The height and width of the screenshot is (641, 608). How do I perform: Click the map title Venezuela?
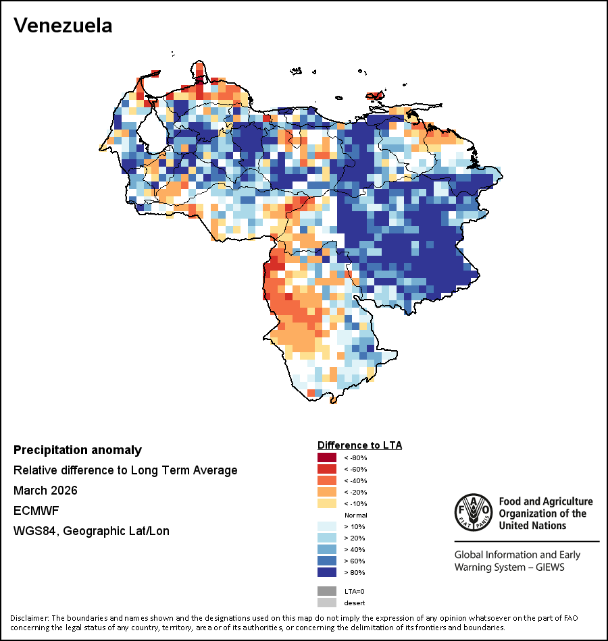coord(63,26)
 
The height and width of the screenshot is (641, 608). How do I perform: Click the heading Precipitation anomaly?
coord(78,450)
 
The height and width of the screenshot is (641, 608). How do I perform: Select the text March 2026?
coord(45,491)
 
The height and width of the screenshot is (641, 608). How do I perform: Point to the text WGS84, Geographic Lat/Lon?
coord(91,531)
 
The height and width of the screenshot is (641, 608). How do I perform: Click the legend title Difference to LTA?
coord(359,445)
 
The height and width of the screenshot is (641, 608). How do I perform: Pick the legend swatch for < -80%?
coord(326,458)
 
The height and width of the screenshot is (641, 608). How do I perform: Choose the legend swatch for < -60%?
coord(326,470)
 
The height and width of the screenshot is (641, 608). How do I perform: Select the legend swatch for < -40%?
coord(326,481)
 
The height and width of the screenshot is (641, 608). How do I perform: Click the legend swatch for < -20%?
coord(326,493)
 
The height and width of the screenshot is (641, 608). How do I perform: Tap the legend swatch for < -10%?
coord(326,504)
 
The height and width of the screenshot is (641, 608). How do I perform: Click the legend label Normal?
coord(355,515)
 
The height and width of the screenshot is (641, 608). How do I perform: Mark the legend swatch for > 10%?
coord(326,527)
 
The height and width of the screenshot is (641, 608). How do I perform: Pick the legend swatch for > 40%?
coord(326,550)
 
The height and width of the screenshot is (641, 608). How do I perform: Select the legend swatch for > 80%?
coord(326,573)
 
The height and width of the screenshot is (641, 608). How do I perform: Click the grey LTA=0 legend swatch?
coord(326,591)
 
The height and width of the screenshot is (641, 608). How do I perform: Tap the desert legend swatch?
coord(326,603)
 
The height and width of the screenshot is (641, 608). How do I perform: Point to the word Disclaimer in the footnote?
coord(29,618)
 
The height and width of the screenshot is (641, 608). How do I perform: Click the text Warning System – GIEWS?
coord(509,567)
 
